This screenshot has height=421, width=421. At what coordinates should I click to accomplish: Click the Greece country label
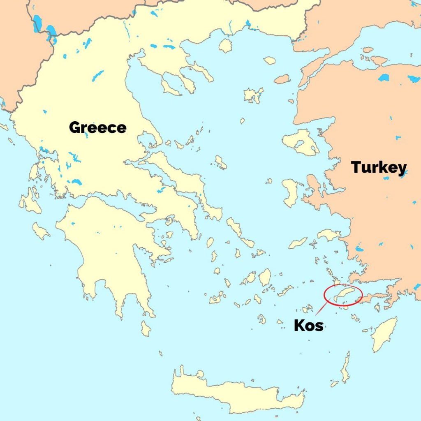(97, 127)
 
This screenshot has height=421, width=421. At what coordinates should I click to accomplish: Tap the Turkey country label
(379, 167)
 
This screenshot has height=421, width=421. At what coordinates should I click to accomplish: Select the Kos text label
(308, 325)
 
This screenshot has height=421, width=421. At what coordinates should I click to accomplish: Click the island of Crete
(238, 391)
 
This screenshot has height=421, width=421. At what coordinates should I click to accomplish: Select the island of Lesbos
(300, 142)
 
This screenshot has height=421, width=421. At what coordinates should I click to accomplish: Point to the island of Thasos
(225, 46)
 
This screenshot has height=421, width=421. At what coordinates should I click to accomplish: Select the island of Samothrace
(269, 60)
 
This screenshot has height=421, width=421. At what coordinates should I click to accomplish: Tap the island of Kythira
(146, 328)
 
